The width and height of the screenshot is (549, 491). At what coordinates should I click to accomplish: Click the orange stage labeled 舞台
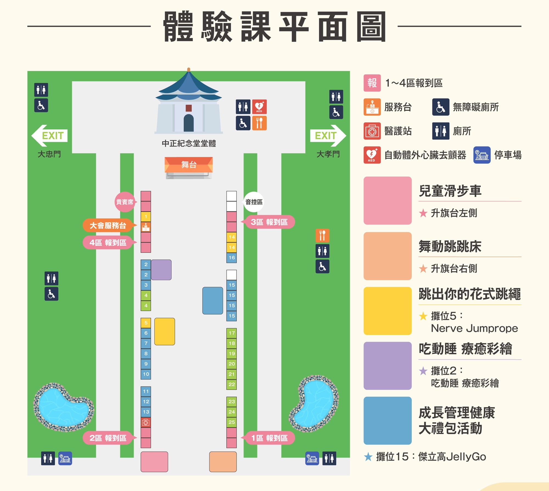click(189, 165)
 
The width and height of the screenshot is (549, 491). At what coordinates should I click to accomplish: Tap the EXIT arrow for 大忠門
click(50, 136)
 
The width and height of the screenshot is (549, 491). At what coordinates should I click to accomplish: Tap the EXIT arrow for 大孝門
click(328, 136)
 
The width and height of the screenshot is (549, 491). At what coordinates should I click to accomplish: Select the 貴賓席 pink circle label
click(125, 202)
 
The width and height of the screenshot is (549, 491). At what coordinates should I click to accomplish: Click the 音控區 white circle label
click(254, 202)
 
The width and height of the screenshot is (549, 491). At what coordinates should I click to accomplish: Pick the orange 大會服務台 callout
click(108, 225)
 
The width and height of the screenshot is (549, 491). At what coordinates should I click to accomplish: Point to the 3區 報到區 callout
click(269, 222)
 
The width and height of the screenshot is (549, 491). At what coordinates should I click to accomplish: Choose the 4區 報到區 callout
click(108, 242)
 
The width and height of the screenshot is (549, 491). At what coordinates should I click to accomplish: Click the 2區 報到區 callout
click(108, 438)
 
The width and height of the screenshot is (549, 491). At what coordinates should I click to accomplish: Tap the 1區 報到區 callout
click(269, 438)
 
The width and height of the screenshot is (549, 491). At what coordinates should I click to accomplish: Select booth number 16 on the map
click(232, 258)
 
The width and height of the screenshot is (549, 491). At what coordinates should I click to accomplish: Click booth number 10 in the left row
click(146, 374)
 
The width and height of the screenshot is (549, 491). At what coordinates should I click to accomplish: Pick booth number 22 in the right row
click(232, 384)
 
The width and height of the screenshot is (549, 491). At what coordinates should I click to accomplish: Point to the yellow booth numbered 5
click(146, 323)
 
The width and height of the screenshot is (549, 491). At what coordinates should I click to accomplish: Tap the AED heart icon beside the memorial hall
click(259, 106)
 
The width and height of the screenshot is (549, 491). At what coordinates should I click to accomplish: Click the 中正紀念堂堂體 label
click(189, 143)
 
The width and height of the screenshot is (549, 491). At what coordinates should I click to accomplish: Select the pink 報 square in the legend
click(372, 83)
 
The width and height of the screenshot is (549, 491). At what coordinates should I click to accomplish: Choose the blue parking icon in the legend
click(482, 155)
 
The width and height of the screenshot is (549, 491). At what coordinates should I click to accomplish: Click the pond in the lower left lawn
click(63, 408)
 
